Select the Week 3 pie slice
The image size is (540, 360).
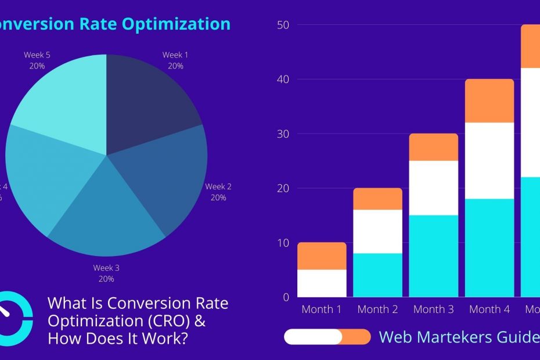point(107,215)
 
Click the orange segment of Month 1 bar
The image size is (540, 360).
point(322,256)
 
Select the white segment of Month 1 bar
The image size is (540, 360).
point(322,283)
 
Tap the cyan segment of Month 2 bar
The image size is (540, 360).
point(378,275)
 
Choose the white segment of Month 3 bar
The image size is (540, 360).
point(434,188)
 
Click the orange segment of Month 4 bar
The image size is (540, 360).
point(489,101)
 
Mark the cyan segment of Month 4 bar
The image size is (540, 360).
point(489,248)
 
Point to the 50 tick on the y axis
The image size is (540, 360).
point(283,25)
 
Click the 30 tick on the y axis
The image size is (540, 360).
point(283,134)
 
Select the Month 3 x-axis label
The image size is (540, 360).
point(434,309)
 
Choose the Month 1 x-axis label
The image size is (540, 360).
point(322,309)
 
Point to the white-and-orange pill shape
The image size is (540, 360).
point(327,337)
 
